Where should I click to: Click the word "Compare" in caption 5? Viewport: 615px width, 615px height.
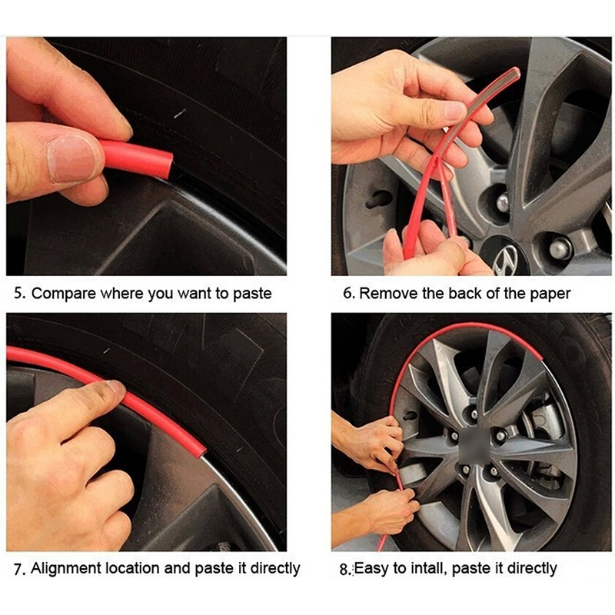pyautogui.click(x=64, y=294)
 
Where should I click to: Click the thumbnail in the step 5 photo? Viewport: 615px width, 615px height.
pyautogui.click(x=71, y=158)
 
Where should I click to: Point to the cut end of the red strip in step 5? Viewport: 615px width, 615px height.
pyautogui.click(x=168, y=165)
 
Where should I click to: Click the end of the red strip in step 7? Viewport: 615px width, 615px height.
pyautogui.click(x=200, y=451)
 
